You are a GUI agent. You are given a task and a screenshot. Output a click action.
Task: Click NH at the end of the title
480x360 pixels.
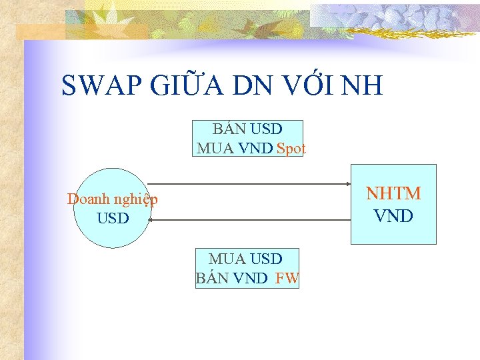click(365, 86)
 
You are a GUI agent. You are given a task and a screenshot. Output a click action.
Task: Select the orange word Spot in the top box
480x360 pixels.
click(291, 148)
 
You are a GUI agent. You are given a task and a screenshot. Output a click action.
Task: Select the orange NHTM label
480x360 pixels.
click(393, 193)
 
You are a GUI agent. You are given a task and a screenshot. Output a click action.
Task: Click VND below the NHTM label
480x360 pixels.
click(393, 216)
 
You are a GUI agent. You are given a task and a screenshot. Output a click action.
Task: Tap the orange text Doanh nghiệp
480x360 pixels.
click(113, 199)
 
